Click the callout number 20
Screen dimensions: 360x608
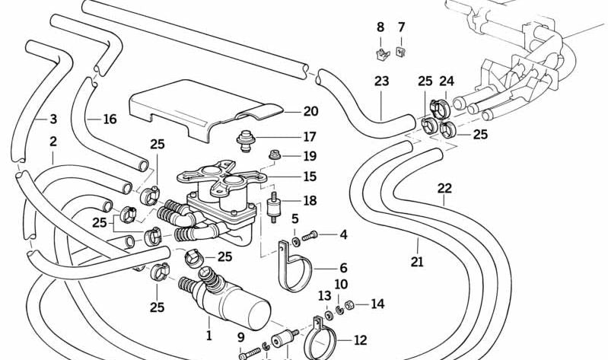[310, 111]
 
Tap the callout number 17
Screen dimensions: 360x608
[310, 138]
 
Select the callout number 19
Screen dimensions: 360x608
[310, 157]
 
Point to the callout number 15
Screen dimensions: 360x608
[310, 177]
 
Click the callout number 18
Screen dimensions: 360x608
[310, 201]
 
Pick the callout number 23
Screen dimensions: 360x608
[381, 81]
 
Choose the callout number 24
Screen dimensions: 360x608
[447, 81]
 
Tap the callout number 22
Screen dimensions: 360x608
[444, 187]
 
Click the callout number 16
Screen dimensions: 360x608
[110, 119]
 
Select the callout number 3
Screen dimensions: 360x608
[53, 119]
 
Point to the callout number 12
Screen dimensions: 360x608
[360, 340]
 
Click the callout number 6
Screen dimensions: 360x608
[343, 267]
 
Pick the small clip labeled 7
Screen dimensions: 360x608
[401, 52]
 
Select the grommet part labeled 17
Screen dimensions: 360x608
[246, 140]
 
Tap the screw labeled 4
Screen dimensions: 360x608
[308, 237]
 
